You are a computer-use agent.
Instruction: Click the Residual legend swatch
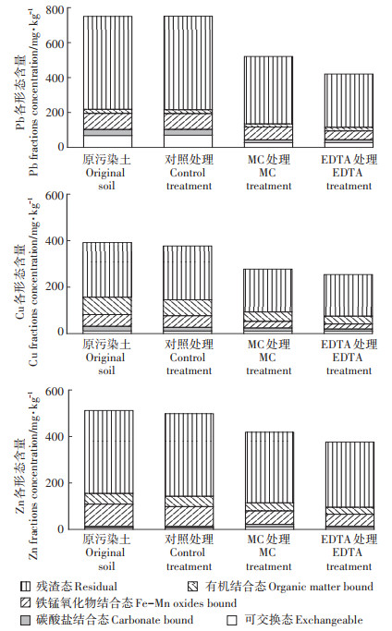[x=25, y=586]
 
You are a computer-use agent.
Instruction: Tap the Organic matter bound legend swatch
[x=192, y=586]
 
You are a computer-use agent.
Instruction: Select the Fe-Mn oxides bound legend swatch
[x=25, y=602]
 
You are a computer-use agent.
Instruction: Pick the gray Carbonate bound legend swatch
[x=25, y=620]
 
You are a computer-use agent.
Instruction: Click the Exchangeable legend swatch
[x=232, y=620]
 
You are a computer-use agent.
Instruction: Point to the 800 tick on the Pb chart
[x=55, y=9]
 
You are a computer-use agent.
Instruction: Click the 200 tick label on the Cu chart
[x=55, y=286]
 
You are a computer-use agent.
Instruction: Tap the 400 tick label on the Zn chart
[x=55, y=436]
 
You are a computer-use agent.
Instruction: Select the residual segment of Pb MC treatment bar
[x=268, y=91]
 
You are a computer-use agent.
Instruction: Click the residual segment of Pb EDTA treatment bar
[x=349, y=101]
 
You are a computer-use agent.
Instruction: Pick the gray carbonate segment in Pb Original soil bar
[x=107, y=132]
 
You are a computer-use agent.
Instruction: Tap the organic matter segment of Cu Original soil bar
[x=107, y=306]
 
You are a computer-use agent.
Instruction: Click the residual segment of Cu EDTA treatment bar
[x=349, y=296]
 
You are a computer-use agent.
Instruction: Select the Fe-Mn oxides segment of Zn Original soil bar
[x=109, y=515]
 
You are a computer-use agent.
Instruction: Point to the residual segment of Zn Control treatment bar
[x=189, y=455]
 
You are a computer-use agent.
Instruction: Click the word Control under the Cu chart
[x=188, y=358]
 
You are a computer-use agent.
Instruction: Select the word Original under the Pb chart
[x=105, y=173]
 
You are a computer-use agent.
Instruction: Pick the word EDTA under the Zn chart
[x=348, y=552]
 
